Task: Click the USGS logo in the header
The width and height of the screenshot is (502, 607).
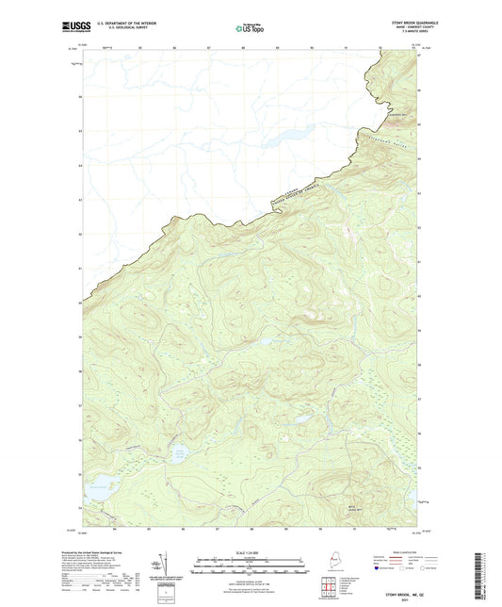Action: click(x=75, y=28)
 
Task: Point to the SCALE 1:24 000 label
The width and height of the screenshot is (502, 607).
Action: click(x=250, y=552)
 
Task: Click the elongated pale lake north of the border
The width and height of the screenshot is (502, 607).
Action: click(x=288, y=134)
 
